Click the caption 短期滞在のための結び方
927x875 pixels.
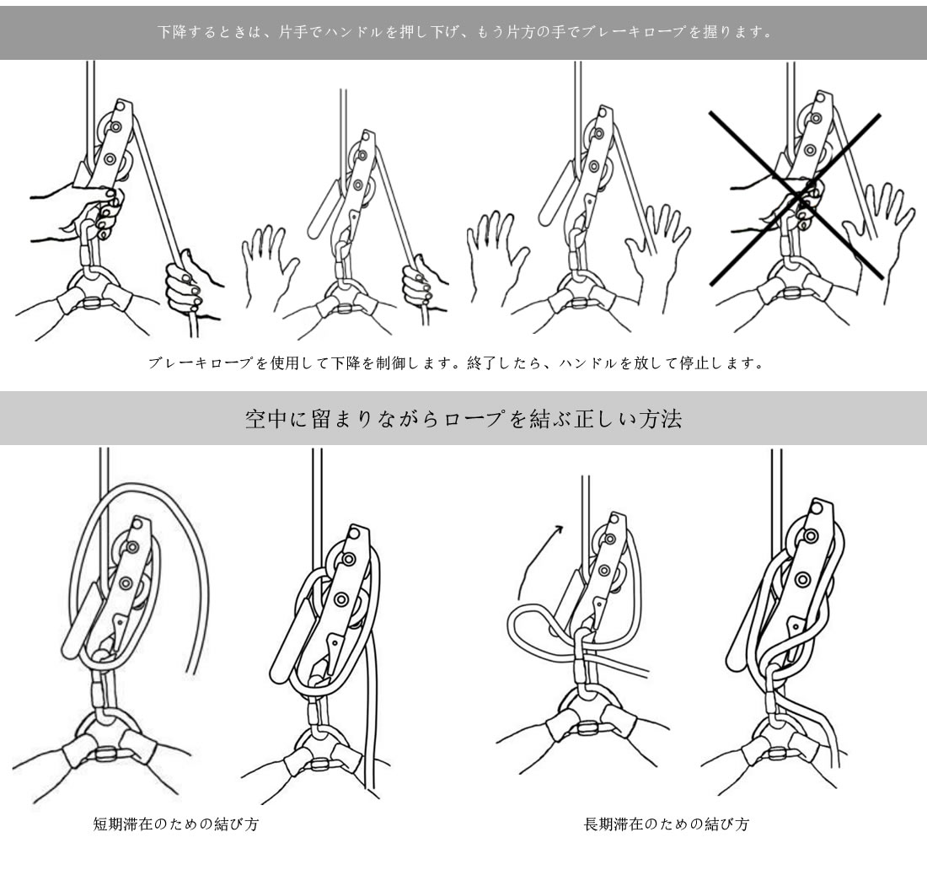click(x=176, y=824)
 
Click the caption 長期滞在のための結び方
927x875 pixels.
click(x=667, y=824)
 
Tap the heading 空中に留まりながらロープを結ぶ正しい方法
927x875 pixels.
click(x=463, y=419)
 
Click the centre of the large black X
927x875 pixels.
click(x=796, y=196)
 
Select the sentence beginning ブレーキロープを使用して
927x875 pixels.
click(x=455, y=362)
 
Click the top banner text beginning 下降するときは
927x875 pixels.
click(x=464, y=32)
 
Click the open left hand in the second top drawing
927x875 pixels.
click(x=269, y=263)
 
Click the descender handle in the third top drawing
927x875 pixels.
click(x=555, y=194)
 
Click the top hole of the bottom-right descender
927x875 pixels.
click(x=817, y=507)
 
